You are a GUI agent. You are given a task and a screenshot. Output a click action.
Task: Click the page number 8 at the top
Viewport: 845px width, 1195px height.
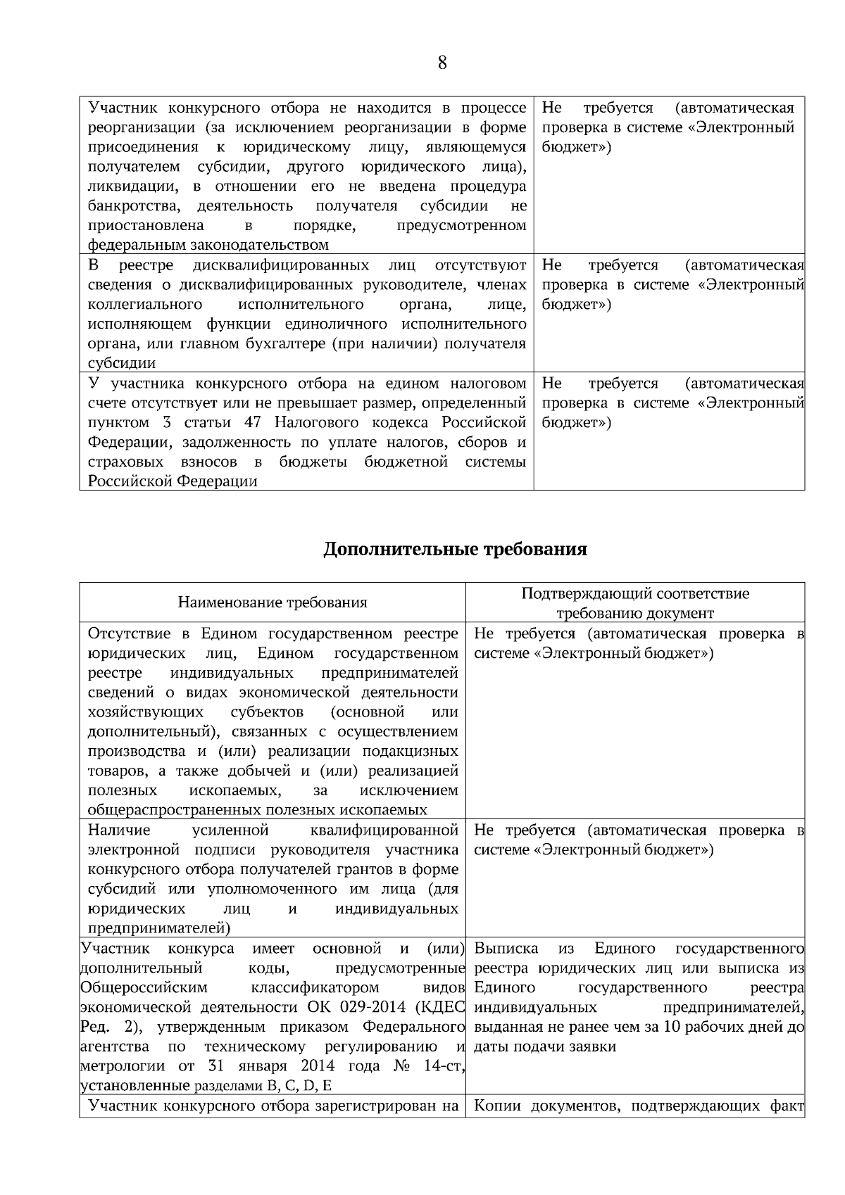pos(442,63)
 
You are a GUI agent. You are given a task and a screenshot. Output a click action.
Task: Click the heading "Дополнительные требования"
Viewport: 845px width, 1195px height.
pos(455,549)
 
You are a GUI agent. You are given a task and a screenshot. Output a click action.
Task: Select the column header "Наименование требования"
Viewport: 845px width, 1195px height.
pos(273,602)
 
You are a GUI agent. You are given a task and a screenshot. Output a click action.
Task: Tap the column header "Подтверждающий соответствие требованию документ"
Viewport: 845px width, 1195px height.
pos(635,603)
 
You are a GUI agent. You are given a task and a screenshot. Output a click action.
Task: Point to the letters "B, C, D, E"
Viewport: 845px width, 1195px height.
pos(299,1086)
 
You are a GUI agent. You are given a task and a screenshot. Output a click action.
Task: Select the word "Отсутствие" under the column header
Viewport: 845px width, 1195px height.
pos(129,633)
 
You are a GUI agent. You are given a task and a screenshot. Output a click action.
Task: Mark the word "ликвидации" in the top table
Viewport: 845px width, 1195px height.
pos(126,186)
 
